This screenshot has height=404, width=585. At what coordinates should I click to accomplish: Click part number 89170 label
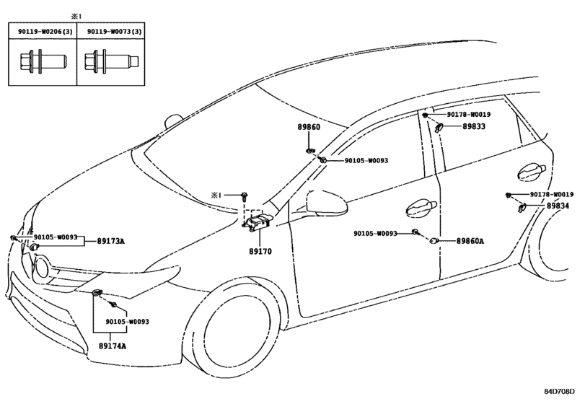click(x=260, y=252)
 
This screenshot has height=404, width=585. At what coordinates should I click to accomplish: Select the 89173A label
click(x=111, y=241)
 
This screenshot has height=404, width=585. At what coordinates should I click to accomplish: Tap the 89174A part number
click(x=113, y=346)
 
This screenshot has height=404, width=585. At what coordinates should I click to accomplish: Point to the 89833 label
click(x=474, y=126)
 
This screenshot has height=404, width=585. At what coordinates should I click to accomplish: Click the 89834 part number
click(x=558, y=206)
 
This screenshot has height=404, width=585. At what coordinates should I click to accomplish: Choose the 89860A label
click(x=470, y=241)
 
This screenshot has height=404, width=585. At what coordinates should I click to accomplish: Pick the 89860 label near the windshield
click(x=309, y=127)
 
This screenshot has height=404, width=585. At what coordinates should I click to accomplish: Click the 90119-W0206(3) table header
click(x=45, y=32)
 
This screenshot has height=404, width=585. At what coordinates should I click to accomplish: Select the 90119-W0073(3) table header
click(x=115, y=32)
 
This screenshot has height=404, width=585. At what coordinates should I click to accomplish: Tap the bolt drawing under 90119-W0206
click(x=43, y=61)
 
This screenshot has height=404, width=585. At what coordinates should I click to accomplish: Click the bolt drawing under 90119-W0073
click(x=112, y=61)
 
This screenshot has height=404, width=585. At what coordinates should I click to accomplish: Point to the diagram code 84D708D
click(x=559, y=391)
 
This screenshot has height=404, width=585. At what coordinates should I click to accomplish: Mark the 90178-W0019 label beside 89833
click(x=469, y=115)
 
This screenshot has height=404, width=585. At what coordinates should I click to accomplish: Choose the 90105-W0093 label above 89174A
click(x=127, y=322)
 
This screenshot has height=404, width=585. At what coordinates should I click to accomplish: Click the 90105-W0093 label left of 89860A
click(x=375, y=234)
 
